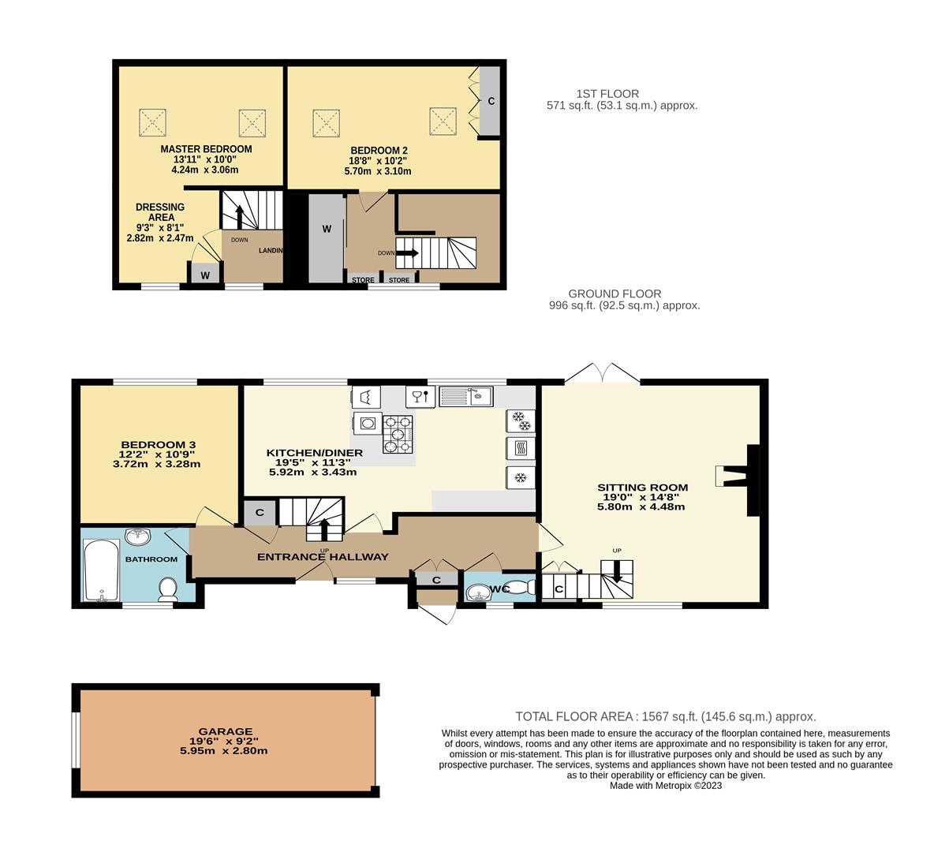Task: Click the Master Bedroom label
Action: pyautogui.click(x=206, y=149)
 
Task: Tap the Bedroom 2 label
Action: pyautogui.click(x=379, y=151)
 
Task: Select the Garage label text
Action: pyautogui.click(x=225, y=731)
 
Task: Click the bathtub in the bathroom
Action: pyautogui.click(x=101, y=570)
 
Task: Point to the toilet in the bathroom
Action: pyautogui.click(x=168, y=589)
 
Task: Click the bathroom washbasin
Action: pyautogui.click(x=138, y=536)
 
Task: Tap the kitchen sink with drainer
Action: pyautogui.click(x=465, y=395)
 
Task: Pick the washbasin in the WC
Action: pyautogui.click(x=476, y=592)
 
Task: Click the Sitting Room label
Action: pyautogui.click(x=642, y=488)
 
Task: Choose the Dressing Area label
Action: pyautogui.click(x=160, y=212)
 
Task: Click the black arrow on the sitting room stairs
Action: pyautogui.click(x=617, y=571)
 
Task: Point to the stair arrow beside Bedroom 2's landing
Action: pyautogui.click(x=407, y=252)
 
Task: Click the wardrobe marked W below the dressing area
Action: pyautogui.click(x=205, y=275)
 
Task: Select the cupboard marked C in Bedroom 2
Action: pyautogui.click(x=491, y=101)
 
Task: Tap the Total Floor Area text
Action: pyautogui.click(x=665, y=717)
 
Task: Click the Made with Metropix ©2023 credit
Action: pyautogui.click(x=665, y=785)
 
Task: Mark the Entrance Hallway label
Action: pyautogui.click(x=323, y=556)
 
